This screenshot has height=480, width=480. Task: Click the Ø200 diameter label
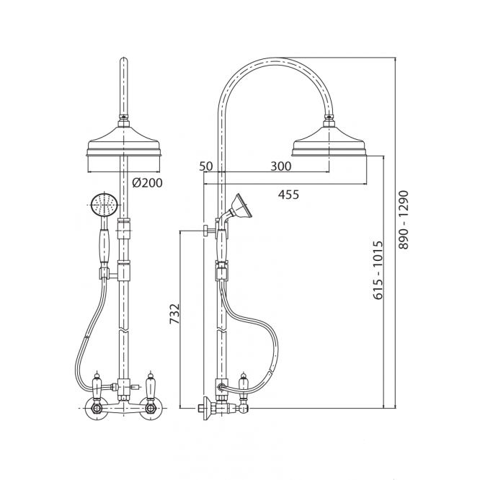pyautogui.click(x=147, y=183)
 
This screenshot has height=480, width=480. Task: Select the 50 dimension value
pyautogui.click(x=205, y=166)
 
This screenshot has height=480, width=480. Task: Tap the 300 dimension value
pyautogui.click(x=281, y=166)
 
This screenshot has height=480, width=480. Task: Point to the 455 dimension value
pyautogui.click(x=288, y=195)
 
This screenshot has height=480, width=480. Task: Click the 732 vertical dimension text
pyautogui.click(x=174, y=314)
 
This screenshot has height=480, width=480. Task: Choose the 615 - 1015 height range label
pyautogui.click(x=378, y=270)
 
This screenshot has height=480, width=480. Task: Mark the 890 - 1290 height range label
pyautogui.click(x=404, y=220)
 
